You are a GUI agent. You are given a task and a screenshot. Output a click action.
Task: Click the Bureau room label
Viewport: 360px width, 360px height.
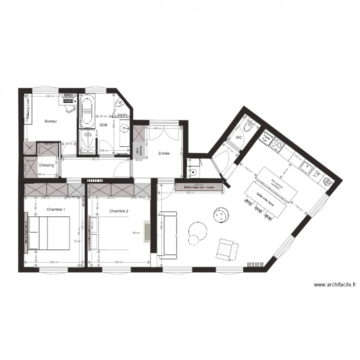[51, 121]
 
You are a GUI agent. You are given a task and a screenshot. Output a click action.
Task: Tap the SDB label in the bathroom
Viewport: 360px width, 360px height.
[103, 125]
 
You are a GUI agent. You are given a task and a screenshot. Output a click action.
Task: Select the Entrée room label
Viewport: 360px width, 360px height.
[164, 154]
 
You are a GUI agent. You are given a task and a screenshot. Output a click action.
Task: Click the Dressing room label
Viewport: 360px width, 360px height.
[46, 165]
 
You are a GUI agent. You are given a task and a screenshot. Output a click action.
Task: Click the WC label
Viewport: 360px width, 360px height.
[239, 137]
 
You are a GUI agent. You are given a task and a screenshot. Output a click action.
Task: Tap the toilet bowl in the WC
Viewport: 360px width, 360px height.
[249, 126]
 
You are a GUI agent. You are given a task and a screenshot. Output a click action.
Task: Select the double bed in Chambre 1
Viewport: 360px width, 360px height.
[49, 233]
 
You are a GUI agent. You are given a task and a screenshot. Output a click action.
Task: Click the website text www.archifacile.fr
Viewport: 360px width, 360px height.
[335, 285]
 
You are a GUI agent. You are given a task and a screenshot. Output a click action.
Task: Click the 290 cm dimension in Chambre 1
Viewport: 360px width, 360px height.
[54, 262]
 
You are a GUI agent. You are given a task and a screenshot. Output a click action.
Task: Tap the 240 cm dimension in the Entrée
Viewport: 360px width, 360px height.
[156, 129]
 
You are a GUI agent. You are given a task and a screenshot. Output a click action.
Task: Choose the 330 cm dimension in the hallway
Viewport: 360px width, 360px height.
[95, 159]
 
